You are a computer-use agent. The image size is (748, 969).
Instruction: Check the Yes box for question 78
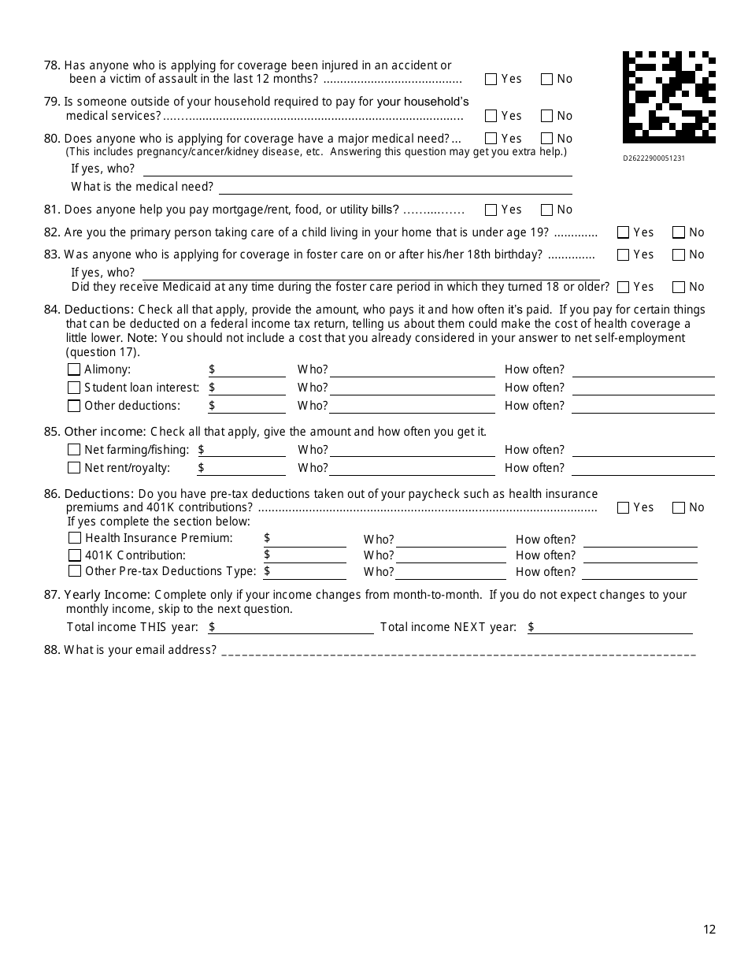[x=491, y=79]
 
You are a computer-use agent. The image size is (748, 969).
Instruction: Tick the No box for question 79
[x=547, y=116]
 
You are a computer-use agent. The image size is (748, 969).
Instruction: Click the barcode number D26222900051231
[x=654, y=158]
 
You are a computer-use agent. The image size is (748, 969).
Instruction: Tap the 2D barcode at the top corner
[x=668, y=98]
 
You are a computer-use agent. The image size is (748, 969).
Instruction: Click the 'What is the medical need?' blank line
[x=395, y=187]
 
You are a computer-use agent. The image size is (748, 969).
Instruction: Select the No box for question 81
[x=547, y=210]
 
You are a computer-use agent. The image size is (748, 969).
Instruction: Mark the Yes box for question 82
[x=624, y=232]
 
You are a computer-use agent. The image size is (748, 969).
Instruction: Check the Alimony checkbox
[x=74, y=369]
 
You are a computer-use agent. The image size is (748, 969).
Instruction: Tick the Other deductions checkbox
[x=74, y=406]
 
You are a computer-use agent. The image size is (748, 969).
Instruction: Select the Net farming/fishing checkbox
[x=74, y=450]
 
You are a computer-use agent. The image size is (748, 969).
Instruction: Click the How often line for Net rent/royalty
[x=642, y=469]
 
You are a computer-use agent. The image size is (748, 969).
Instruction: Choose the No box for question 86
[x=679, y=507]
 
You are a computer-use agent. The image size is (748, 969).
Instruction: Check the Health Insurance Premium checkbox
[x=75, y=538]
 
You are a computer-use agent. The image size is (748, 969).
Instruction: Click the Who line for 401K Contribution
[x=450, y=556]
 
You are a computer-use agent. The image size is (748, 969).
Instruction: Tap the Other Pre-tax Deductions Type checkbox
[x=75, y=571]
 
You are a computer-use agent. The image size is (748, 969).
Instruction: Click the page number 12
[x=709, y=930]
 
